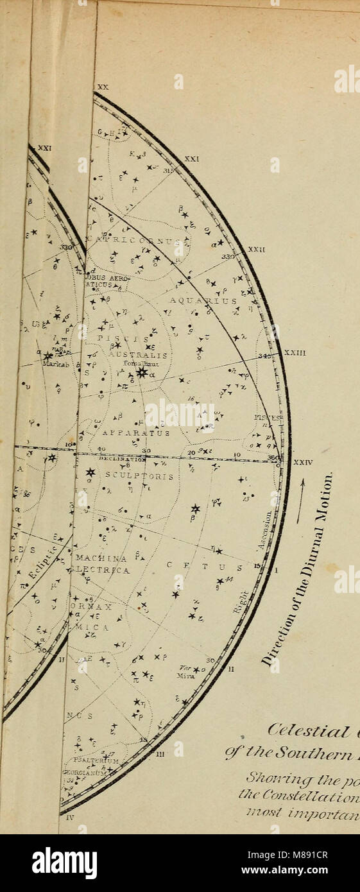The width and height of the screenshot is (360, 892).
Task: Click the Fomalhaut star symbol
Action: click(142, 372)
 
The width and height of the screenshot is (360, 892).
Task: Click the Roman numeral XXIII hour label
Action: click(295, 352)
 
